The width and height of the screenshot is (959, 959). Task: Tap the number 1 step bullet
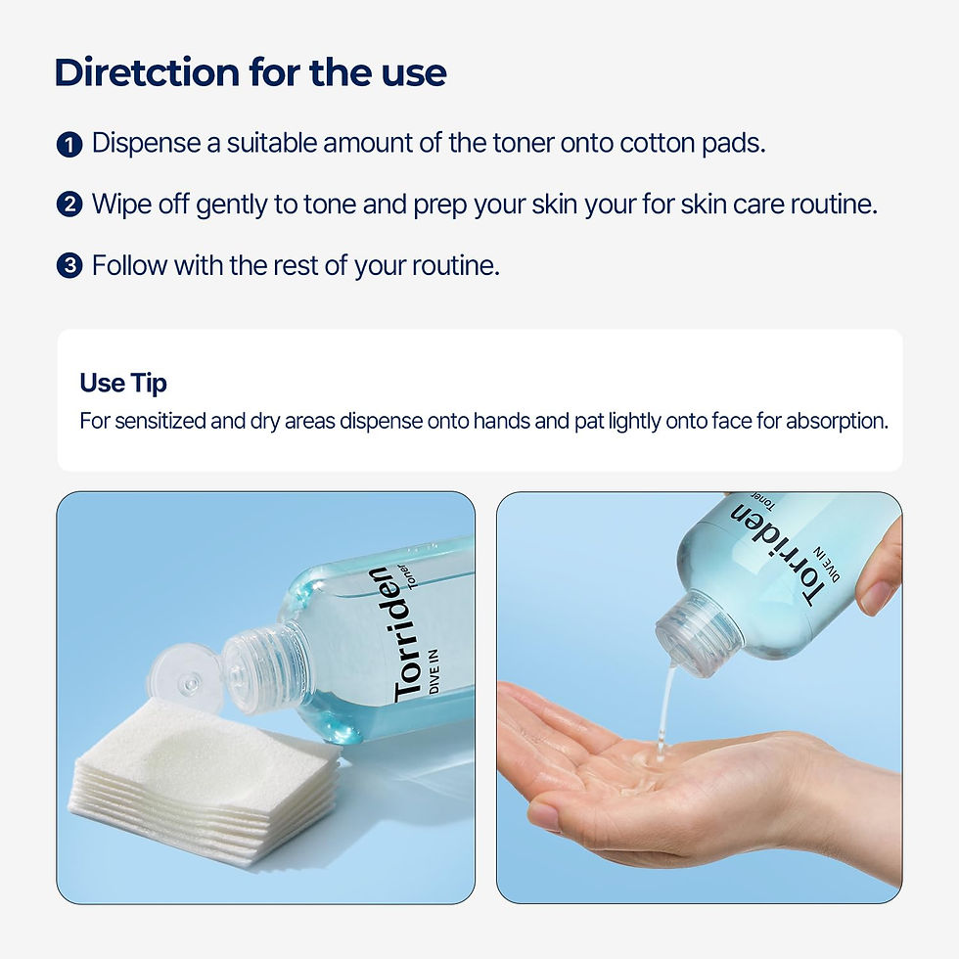pyautogui.click(x=68, y=146)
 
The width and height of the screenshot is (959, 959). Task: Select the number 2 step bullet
pyautogui.click(x=68, y=205)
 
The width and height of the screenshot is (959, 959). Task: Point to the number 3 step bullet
pyautogui.click(x=68, y=266)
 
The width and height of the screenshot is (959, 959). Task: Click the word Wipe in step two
pyautogui.click(x=116, y=204)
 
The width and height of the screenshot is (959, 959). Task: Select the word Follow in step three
pyautogui.click(x=124, y=264)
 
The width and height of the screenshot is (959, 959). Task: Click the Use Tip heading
pyautogui.click(x=123, y=383)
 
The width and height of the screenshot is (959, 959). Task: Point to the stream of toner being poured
pyautogui.click(x=665, y=709)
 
